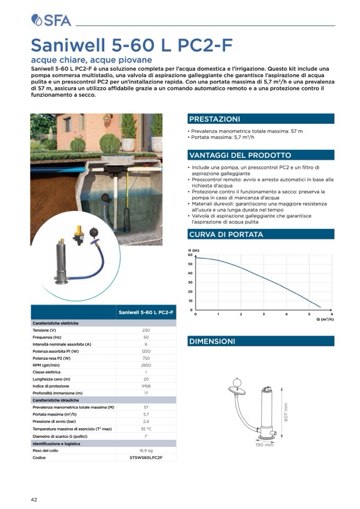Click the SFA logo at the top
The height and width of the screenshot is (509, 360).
[x=51, y=20]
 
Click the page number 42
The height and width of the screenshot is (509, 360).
[x=34, y=499]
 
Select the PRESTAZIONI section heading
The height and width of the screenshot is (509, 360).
[x=214, y=119]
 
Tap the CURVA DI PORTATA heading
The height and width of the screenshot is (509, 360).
[x=225, y=234]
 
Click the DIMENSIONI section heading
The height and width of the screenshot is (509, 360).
[x=212, y=342]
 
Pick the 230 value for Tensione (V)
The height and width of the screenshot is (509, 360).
[x=146, y=330]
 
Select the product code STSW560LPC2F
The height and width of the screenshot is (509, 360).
[x=146, y=457]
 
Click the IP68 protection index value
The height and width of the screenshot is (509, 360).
[x=146, y=386]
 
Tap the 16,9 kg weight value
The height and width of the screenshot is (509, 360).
[x=146, y=450]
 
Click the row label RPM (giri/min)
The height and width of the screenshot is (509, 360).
[x=47, y=365]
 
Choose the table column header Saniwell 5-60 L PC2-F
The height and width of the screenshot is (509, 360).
[x=146, y=312]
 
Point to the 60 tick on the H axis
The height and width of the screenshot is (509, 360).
[x=190, y=255]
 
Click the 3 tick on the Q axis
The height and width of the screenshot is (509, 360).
[x=264, y=315]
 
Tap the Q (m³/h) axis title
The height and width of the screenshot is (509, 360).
[x=325, y=319]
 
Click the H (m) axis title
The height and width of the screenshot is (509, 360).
[x=194, y=250]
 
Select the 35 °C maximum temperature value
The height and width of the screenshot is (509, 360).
[x=146, y=428]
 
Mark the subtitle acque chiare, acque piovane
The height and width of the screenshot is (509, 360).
[x=91, y=60]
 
